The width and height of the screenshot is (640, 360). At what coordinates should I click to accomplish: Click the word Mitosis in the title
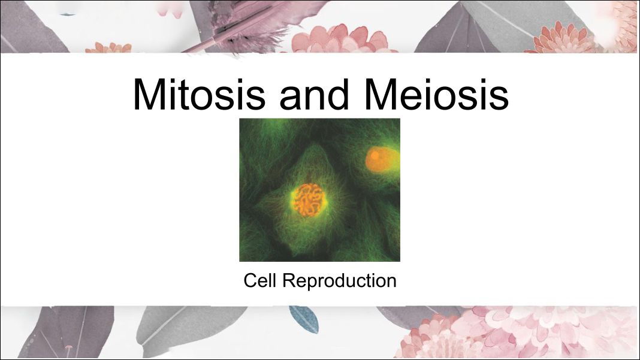[x=199, y=94]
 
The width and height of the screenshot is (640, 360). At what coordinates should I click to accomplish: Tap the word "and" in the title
[x=314, y=94]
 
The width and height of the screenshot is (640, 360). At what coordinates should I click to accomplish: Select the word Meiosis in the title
[x=436, y=94]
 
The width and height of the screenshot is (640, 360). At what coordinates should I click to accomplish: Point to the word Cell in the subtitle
[x=259, y=280]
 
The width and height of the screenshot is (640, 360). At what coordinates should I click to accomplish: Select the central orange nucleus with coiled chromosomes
[x=309, y=199]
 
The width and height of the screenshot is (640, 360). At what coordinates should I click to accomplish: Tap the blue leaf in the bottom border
[x=304, y=319]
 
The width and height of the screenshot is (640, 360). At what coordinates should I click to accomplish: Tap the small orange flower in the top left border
[x=108, y=48]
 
